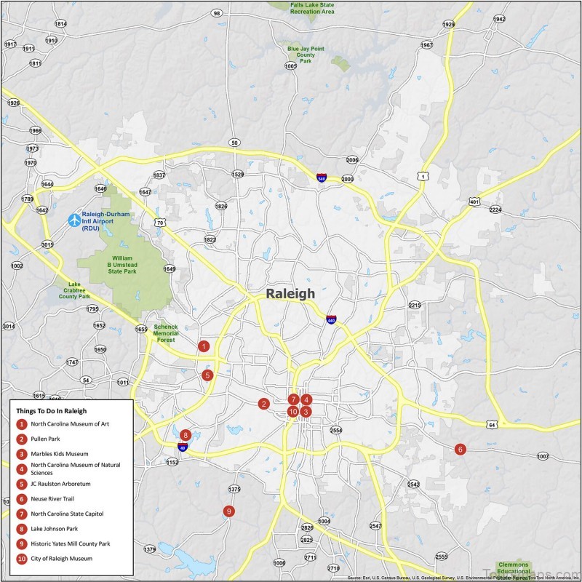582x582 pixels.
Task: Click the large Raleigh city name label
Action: click(290, 294)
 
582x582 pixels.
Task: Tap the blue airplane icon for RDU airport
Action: click(73, 219)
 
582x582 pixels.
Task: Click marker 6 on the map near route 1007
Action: click(460, 449)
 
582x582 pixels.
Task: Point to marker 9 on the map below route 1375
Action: click(229, 511)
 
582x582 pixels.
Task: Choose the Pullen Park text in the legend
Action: click(45, 439)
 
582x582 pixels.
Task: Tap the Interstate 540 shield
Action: click(321, 177)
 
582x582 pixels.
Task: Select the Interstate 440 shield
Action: click(331, 319)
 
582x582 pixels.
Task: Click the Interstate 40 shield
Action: click(183, 447)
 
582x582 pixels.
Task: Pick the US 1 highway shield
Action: click(421, 175)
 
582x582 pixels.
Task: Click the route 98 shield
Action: click(217, 13)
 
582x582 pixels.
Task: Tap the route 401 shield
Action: click(474, 202)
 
